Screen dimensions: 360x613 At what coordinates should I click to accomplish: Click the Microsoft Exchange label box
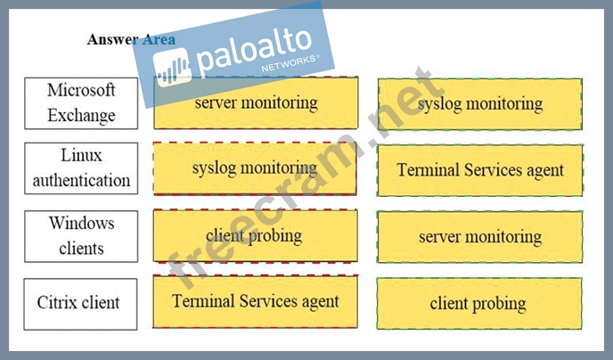click(x=81, y=102)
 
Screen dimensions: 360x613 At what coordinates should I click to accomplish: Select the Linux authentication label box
click(x=81, y=168)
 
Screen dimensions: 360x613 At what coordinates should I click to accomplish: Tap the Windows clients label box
click(x=81, y=234)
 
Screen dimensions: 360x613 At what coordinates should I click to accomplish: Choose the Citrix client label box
click(x=81, y=303)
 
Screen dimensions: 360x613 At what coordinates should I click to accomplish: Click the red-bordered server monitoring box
click(x=256, y=102)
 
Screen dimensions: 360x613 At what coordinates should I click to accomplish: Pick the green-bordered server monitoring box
click(x=479, y=236)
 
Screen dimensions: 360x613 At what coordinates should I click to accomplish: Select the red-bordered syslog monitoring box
click(x=255, y=168)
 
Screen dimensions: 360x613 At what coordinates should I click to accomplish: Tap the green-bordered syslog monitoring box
click(x=479, y=104)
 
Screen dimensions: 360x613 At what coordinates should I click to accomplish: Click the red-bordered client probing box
click(x=255, y=235)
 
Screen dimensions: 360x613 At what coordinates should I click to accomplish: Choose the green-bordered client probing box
click(x=479, y=303)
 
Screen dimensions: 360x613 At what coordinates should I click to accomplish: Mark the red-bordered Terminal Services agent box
click(x=255, y=301)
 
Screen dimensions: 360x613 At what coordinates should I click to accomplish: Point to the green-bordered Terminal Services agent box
click(x=479, y=169)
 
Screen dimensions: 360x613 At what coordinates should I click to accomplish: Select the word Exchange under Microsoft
click(x=81, y=115)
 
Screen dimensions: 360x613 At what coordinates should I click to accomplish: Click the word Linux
click(x=81, y=156)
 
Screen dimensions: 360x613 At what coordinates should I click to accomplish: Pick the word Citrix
click(x=57, y=303)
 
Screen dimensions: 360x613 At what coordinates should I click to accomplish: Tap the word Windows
click(x=81, y=223)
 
